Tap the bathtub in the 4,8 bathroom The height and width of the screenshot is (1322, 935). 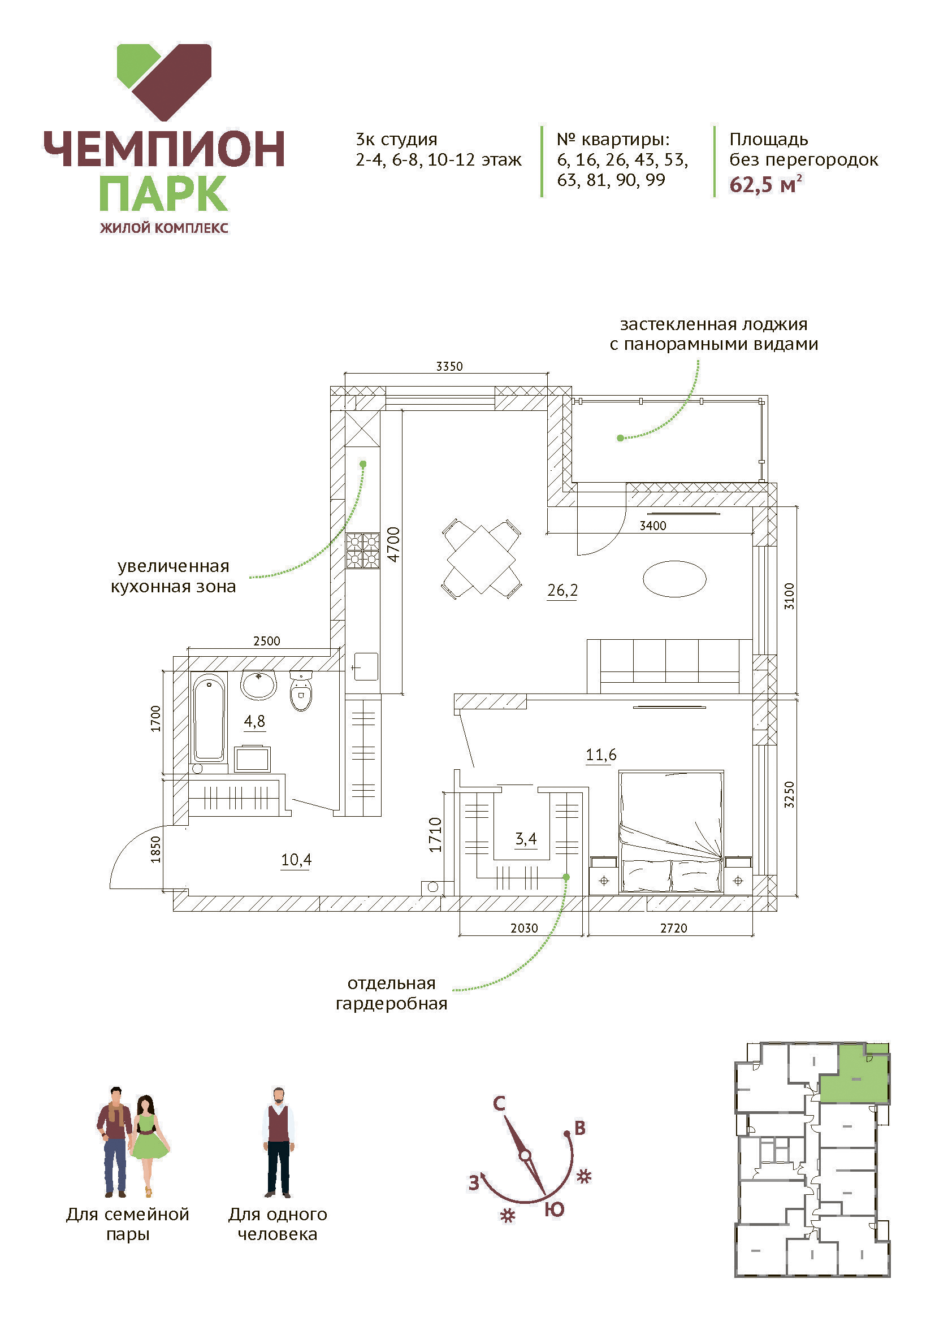[209, 717]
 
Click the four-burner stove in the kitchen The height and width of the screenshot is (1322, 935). [363, 551]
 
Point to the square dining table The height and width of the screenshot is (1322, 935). [481, 559]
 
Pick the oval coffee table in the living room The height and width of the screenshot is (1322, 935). [674, 579]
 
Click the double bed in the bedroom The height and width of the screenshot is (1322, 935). [671, 831]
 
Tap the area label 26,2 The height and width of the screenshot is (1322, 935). [562, 590]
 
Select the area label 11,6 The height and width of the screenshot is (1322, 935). [601, 755]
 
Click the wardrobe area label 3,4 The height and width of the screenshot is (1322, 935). [526, 839]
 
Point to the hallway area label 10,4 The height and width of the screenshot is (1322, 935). [296, 860]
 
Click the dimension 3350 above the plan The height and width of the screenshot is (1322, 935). [449, 366]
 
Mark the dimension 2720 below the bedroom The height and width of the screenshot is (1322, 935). [674, 928]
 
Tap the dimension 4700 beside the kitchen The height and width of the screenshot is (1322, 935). [393, 544]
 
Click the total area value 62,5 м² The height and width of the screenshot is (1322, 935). [766, 184]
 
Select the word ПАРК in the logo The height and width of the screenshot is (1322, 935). [163, 194]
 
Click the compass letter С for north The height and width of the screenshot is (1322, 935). [499, 1104]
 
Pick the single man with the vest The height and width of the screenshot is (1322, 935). [279, 1142]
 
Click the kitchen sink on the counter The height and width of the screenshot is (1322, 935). [366, 666]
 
